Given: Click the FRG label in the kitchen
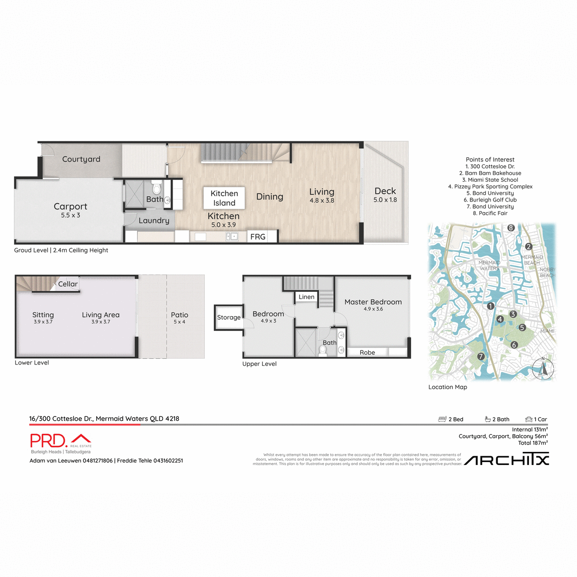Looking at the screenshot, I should [258, 237].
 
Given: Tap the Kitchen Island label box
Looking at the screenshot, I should [224, 198].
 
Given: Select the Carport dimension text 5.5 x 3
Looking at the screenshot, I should [70, 215].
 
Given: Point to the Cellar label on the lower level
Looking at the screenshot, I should [68, 284].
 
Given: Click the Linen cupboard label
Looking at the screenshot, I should [306, 297].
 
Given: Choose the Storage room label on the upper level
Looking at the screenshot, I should [229, 317].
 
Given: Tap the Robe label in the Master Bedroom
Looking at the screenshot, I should [367, 352].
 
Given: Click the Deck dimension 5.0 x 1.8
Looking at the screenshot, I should [385, 200].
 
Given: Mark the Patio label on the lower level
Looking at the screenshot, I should [179, 315].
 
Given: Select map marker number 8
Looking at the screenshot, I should [511, 228].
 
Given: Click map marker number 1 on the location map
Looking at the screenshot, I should [490, 306].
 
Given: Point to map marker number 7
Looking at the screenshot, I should [480, 356].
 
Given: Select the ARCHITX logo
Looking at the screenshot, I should [506, 460].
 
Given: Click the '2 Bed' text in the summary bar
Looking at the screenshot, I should [455, 419].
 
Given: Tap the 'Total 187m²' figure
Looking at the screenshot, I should [533, 443].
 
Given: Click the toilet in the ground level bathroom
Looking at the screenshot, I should [156, 187].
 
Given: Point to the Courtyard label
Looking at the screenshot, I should [81, 159].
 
